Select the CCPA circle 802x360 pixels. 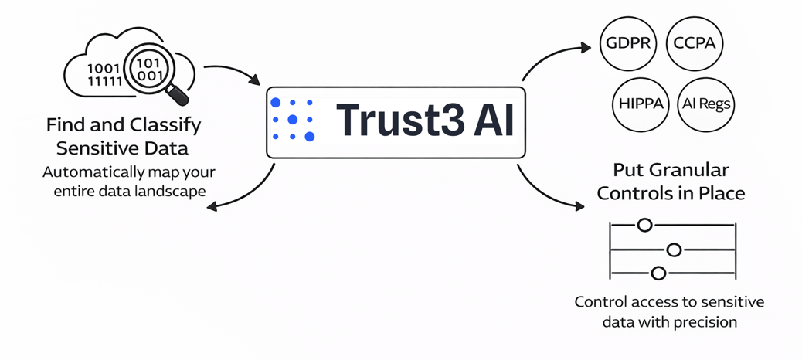coord(694,42)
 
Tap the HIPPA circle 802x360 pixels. coord(641,104)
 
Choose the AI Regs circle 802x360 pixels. coord(705,104)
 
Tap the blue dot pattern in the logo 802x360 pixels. coord(292,120)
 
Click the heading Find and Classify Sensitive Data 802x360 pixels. coord(123,136)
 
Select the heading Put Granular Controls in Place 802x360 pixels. coord(671,181)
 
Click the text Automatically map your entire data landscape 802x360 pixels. coord(130,181)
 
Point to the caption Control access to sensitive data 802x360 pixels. coord(670,311)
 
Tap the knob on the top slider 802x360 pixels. coord(644,226)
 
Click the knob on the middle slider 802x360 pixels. coord(674,250)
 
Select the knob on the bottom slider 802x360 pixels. coord(658,273)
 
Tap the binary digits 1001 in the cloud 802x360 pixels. coord(103,68)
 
